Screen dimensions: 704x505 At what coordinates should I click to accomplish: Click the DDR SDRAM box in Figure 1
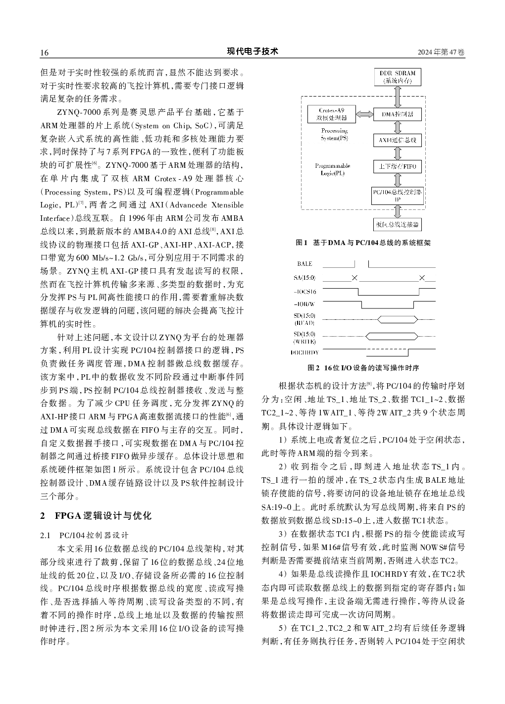[x=398, y=77]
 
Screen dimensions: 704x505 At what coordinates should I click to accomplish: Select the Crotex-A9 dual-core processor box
[x=332, y=114]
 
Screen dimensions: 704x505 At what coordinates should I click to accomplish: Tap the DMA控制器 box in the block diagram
[x=398, y=114]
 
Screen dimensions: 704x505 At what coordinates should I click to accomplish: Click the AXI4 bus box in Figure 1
[x=398, y=141]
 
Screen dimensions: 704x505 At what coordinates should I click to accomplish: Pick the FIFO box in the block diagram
[x=398, y=166]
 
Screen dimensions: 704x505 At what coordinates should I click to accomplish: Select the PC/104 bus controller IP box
[x=398, y=195]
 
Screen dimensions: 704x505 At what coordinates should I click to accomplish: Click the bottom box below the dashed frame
[x=398, y=224]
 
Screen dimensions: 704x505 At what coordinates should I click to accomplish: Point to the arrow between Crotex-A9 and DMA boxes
[x=364, y=114]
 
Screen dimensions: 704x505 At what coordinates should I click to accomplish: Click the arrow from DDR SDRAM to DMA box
[x=398, y=96]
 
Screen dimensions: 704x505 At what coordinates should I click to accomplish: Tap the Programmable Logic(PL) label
[x=332, y=169]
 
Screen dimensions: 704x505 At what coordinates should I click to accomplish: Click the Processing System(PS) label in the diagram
[x=334, y=134]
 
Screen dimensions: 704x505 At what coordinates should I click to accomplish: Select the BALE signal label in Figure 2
[x=304, y=264]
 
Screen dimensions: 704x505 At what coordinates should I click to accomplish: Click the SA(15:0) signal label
[x=304, y=278]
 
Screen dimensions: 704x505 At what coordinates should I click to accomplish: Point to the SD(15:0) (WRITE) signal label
[x=304, y=338]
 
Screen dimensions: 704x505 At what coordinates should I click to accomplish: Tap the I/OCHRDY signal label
[x=304, y=352]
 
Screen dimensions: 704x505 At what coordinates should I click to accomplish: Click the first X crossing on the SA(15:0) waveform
[x=354, y=278]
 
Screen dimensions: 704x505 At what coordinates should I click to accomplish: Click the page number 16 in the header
[x=44, y=53]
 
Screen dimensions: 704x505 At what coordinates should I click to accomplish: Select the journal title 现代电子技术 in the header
[x=252, y=51]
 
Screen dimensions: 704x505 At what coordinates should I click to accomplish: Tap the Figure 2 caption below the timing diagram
[x=363, y=368]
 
